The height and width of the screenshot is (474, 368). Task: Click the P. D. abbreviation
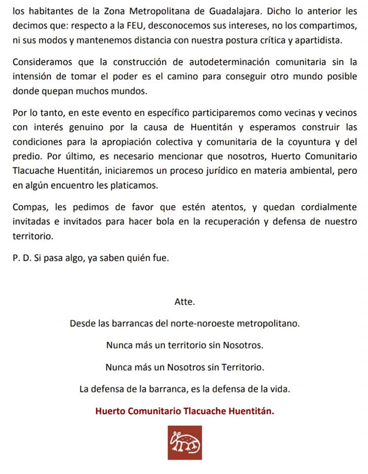tap(21, 257)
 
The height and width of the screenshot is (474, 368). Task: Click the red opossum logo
tap(184, 442)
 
